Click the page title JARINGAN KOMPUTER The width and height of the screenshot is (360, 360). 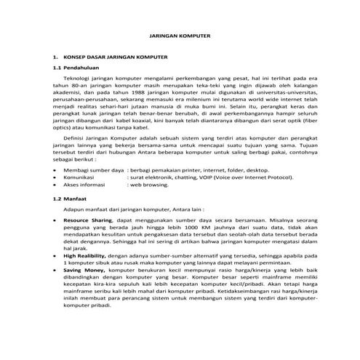coord(179,33)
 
